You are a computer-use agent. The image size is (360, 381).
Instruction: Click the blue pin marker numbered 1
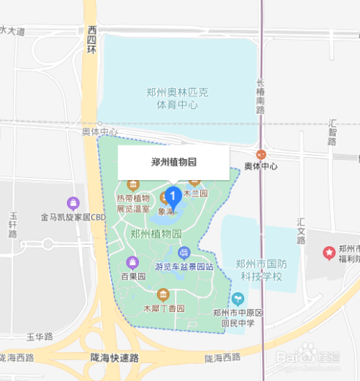pyautogui.click(x=173, y=195)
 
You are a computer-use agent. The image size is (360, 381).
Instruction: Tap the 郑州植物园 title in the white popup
pyautogui.click(x=174, y=162)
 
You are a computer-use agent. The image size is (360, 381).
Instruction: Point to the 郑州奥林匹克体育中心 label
pyautogui.click(x=177, y=99)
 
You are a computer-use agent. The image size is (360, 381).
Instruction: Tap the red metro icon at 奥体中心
pyautogui.click(x=261, y=154)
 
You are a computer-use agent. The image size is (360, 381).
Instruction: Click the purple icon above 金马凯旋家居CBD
pyautogui.click(x=72, y=202)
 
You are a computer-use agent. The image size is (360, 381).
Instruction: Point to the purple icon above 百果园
pyautogui.click(x=131, y=261)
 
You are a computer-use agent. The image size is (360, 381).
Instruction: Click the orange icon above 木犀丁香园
pyautogui.click(x=163, y=294)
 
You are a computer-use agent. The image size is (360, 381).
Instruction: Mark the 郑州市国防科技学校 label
pyautogui.click(x=259, y=271)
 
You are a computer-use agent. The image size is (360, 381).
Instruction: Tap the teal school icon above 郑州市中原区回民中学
pyautogui.click(x=238, y=298)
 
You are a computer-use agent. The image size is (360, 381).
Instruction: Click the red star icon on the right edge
pyautogui.click(x=329, y=253)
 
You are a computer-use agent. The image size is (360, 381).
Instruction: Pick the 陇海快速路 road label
pyautogui.click(x=116, y=358)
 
